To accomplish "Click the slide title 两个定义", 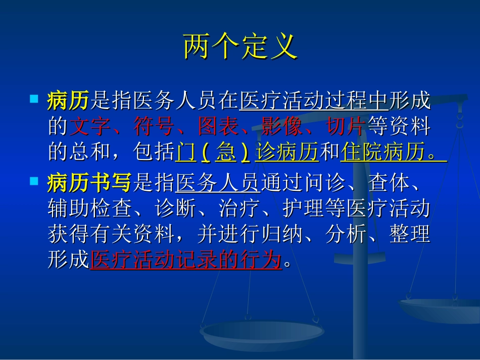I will click(239, 47).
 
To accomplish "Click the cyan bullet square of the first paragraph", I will click(34, 97).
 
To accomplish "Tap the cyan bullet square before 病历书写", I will click(34, 180).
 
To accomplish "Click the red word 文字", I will click(89, 127).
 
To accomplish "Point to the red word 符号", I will click(154, 127).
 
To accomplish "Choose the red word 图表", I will click(218, 127).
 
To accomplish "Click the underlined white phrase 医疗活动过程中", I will click(314, 101).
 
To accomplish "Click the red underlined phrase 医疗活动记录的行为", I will click(185, 260).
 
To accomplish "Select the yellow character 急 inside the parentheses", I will click(225, 152).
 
